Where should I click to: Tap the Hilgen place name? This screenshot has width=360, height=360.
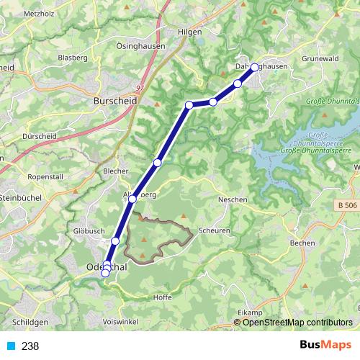tap(190, 32)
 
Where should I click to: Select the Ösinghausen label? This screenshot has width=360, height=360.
tap(140, 45)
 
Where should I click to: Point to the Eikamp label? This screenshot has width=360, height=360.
tap(249, 312)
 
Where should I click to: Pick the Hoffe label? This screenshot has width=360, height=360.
tap(164, 297)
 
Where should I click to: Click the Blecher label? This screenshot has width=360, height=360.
tap(115, 171)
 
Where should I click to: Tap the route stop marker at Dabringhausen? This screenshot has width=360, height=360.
tap(254, 67)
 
